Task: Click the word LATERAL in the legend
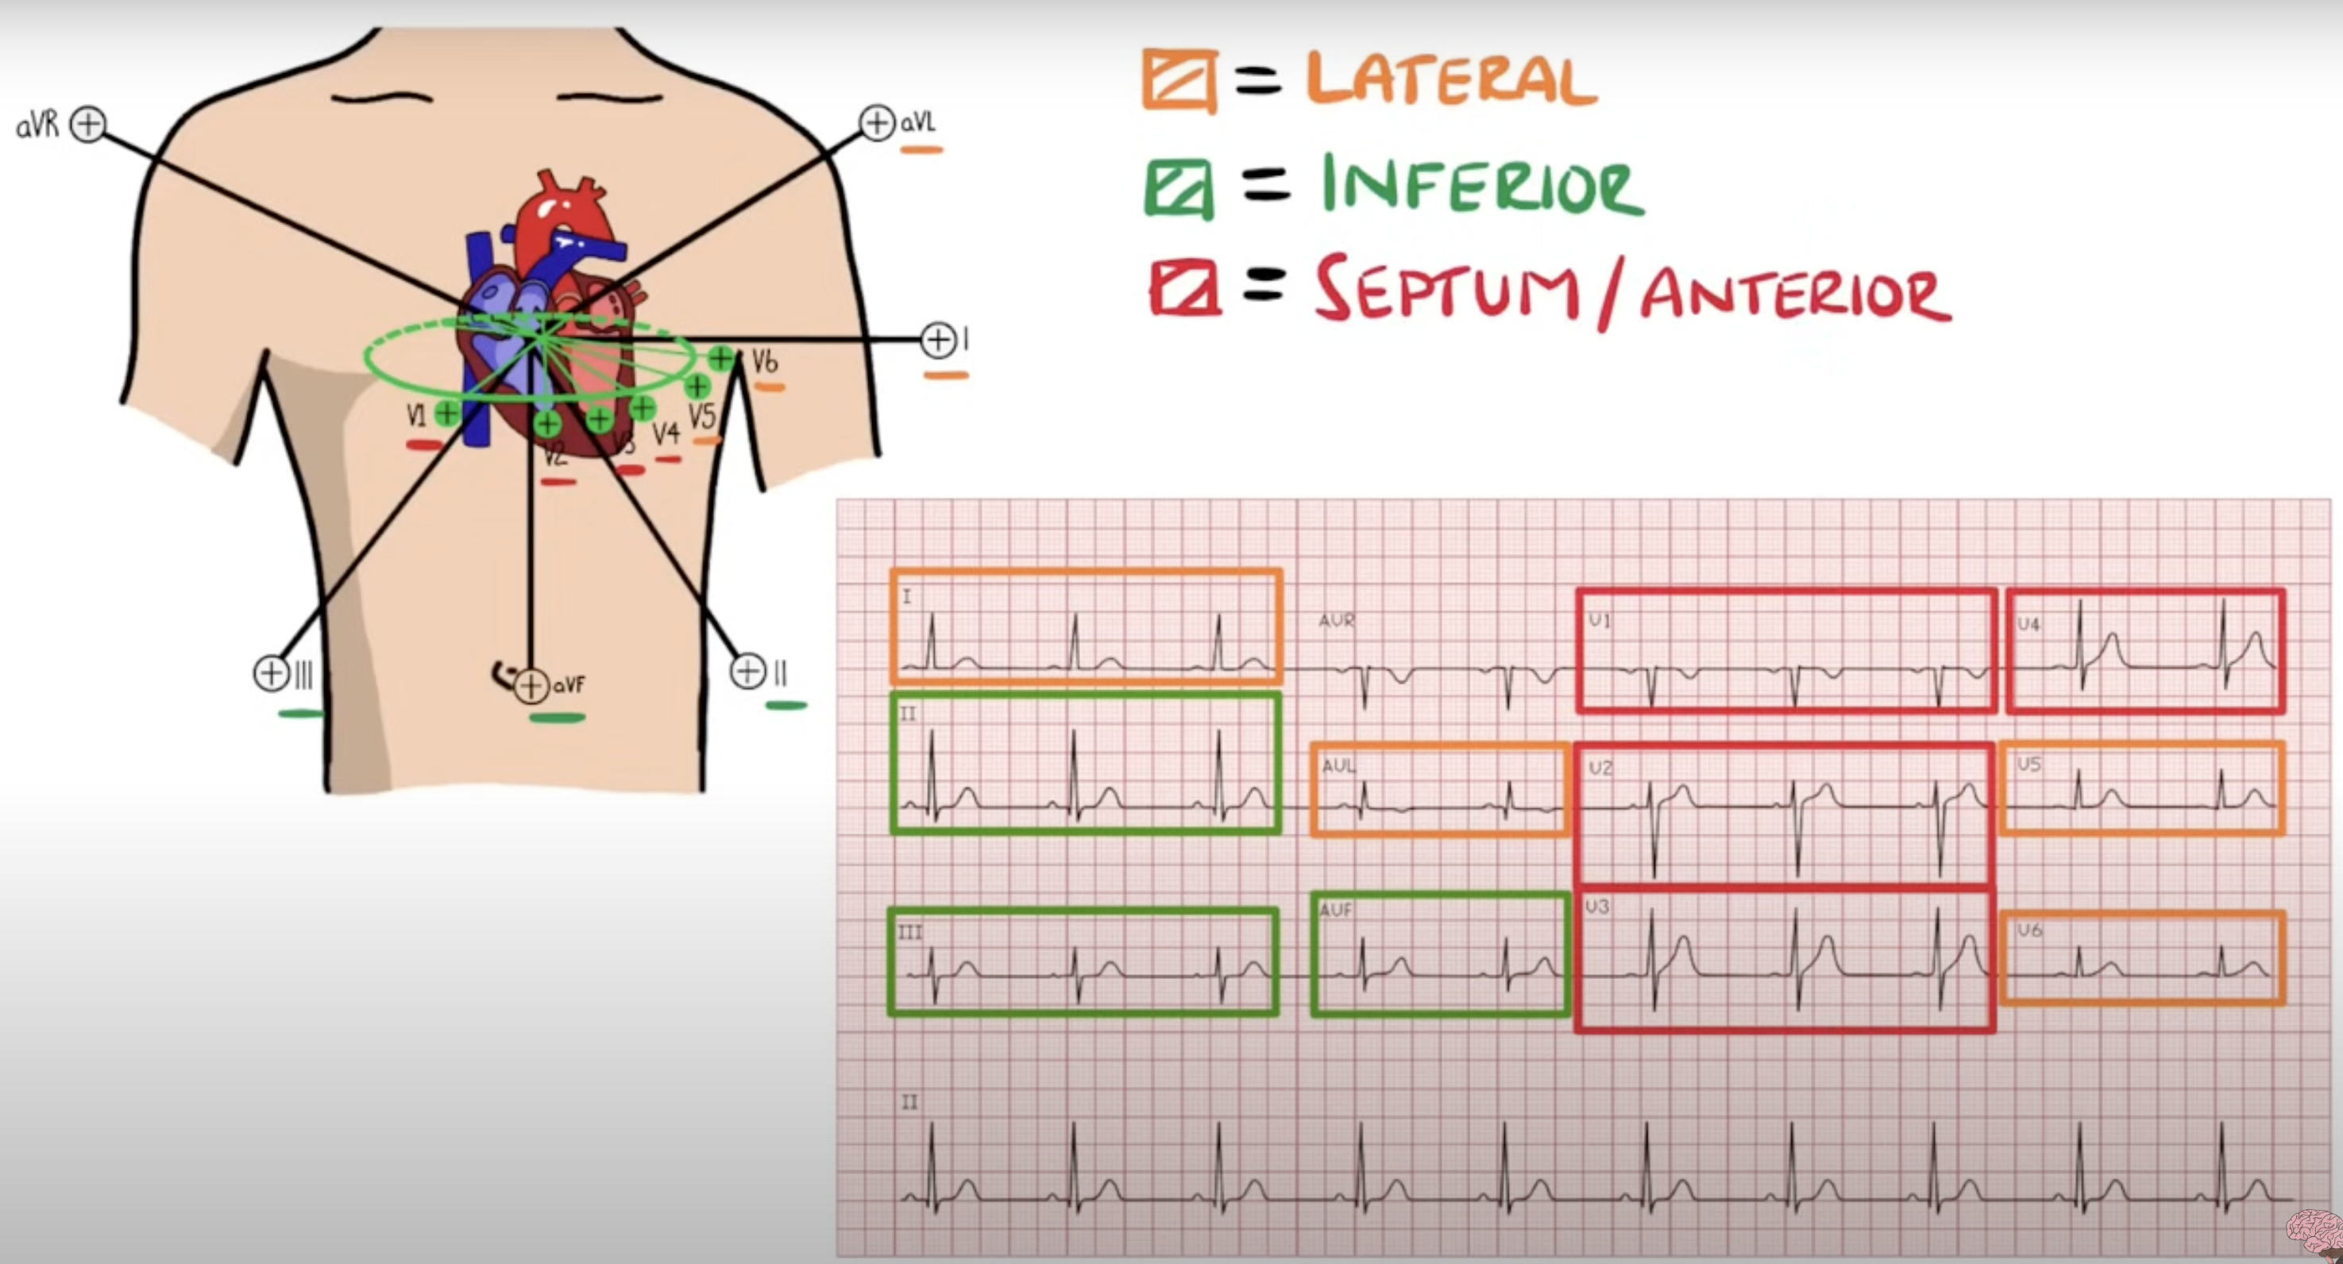coord(1451,80)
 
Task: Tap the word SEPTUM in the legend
coord(1446,289)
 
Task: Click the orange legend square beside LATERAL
coord(1179,81)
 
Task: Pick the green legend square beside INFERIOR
coord(1179,189)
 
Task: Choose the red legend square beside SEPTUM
coord(1184,289)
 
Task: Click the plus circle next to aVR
coord(88,124)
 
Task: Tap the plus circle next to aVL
coord(877,121)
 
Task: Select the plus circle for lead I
coord(938,340)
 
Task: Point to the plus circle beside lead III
coord(271,674)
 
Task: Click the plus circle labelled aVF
coord(531,687)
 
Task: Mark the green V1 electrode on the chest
coord(446,414)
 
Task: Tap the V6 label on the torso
coord(765,363)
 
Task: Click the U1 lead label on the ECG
coord(1599,621)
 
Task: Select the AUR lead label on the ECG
coord(1336,621)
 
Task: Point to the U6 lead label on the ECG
coord(2029,931)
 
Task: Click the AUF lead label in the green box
coord(1335,910)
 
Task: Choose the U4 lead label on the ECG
coord(2028,625)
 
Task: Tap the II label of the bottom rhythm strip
coord(909,1103)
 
